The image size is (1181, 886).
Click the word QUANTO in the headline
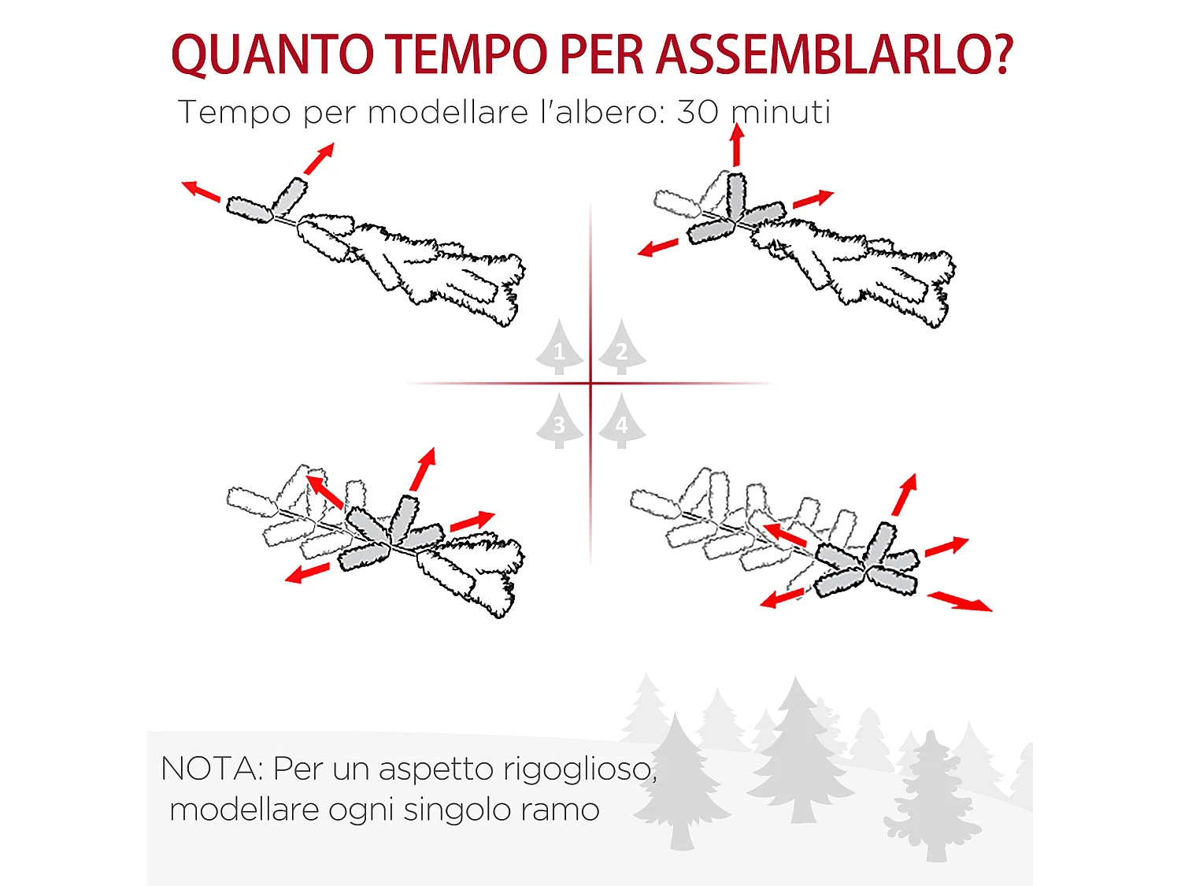272,55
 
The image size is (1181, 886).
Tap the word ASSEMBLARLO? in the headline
834,55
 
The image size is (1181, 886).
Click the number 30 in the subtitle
698,112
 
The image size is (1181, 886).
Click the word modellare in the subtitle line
447,112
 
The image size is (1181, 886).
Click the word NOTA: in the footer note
212,769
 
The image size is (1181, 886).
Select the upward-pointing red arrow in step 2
737,145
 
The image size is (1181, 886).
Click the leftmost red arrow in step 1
201,191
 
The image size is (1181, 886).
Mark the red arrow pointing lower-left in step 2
658,247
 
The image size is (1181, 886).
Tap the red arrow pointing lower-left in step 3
307,573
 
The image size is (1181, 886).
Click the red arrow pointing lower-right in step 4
960,602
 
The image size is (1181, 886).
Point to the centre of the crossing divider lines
590,384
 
